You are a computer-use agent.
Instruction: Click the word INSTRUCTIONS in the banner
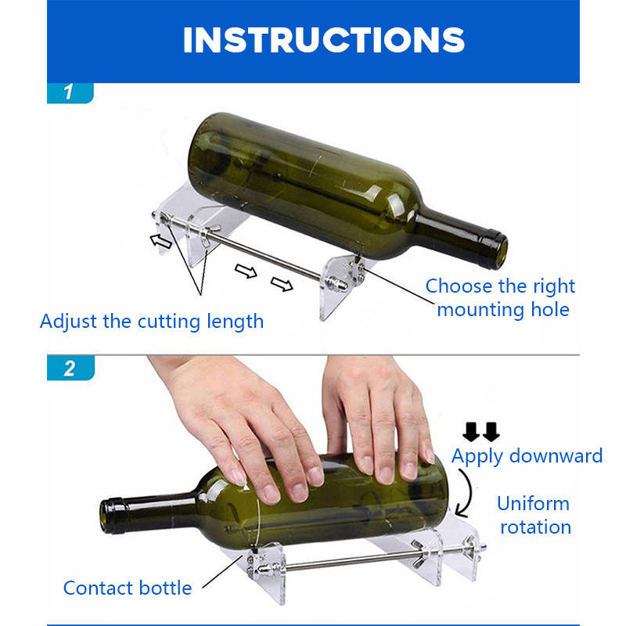(324, 40)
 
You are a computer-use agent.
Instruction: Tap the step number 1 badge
(70, 92)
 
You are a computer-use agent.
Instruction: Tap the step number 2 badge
(70, 368)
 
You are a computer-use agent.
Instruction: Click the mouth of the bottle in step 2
(106, 516)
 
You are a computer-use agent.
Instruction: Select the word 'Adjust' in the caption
(69, 322)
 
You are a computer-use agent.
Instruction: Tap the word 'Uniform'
(534, 504)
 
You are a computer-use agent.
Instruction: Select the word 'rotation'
(536, 527)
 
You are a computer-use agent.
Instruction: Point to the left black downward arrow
(471, 432)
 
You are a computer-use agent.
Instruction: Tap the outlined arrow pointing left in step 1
(161, 241)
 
